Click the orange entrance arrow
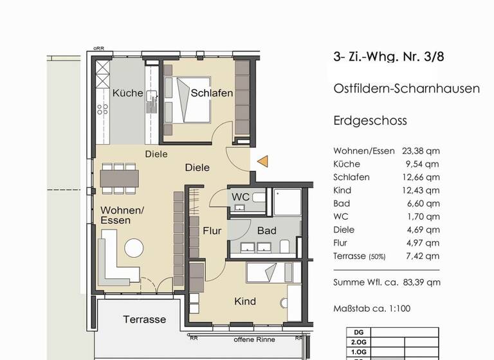[x=262, y=161]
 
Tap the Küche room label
[x=127, y=94]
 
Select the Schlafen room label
[x=212, y=94]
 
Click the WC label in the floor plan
[x=240, y=195]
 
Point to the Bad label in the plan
[x=266, y=230]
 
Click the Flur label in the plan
[x=212, y=230]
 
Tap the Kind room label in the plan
[x=244, y=301]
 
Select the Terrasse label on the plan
[x=145, y=319]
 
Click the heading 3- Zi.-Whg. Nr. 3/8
[x=389, y=57]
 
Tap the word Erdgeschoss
[x=370, y=121]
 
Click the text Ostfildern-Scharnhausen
[x=406, y=89]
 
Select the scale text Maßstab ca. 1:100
[x=372, y=309]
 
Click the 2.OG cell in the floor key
[x=355, y=343]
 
